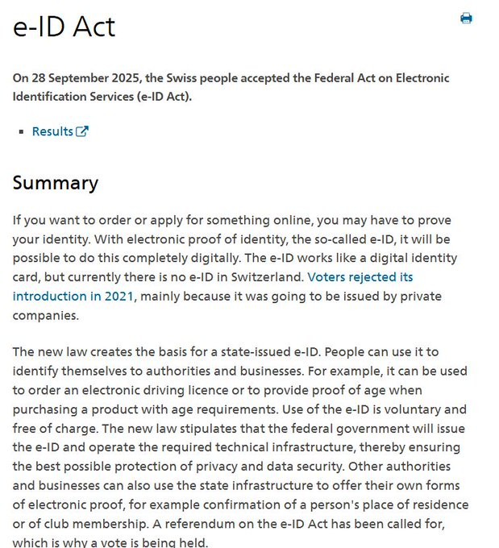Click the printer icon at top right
coord(466,19)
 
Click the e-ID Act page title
coord(64,27)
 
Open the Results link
coord(52,131)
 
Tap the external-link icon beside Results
coord(82,131)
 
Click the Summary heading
coord(55,183)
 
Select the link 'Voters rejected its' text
coord(360,277)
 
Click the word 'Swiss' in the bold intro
coord(210,78)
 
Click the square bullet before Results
coord(21,132)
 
